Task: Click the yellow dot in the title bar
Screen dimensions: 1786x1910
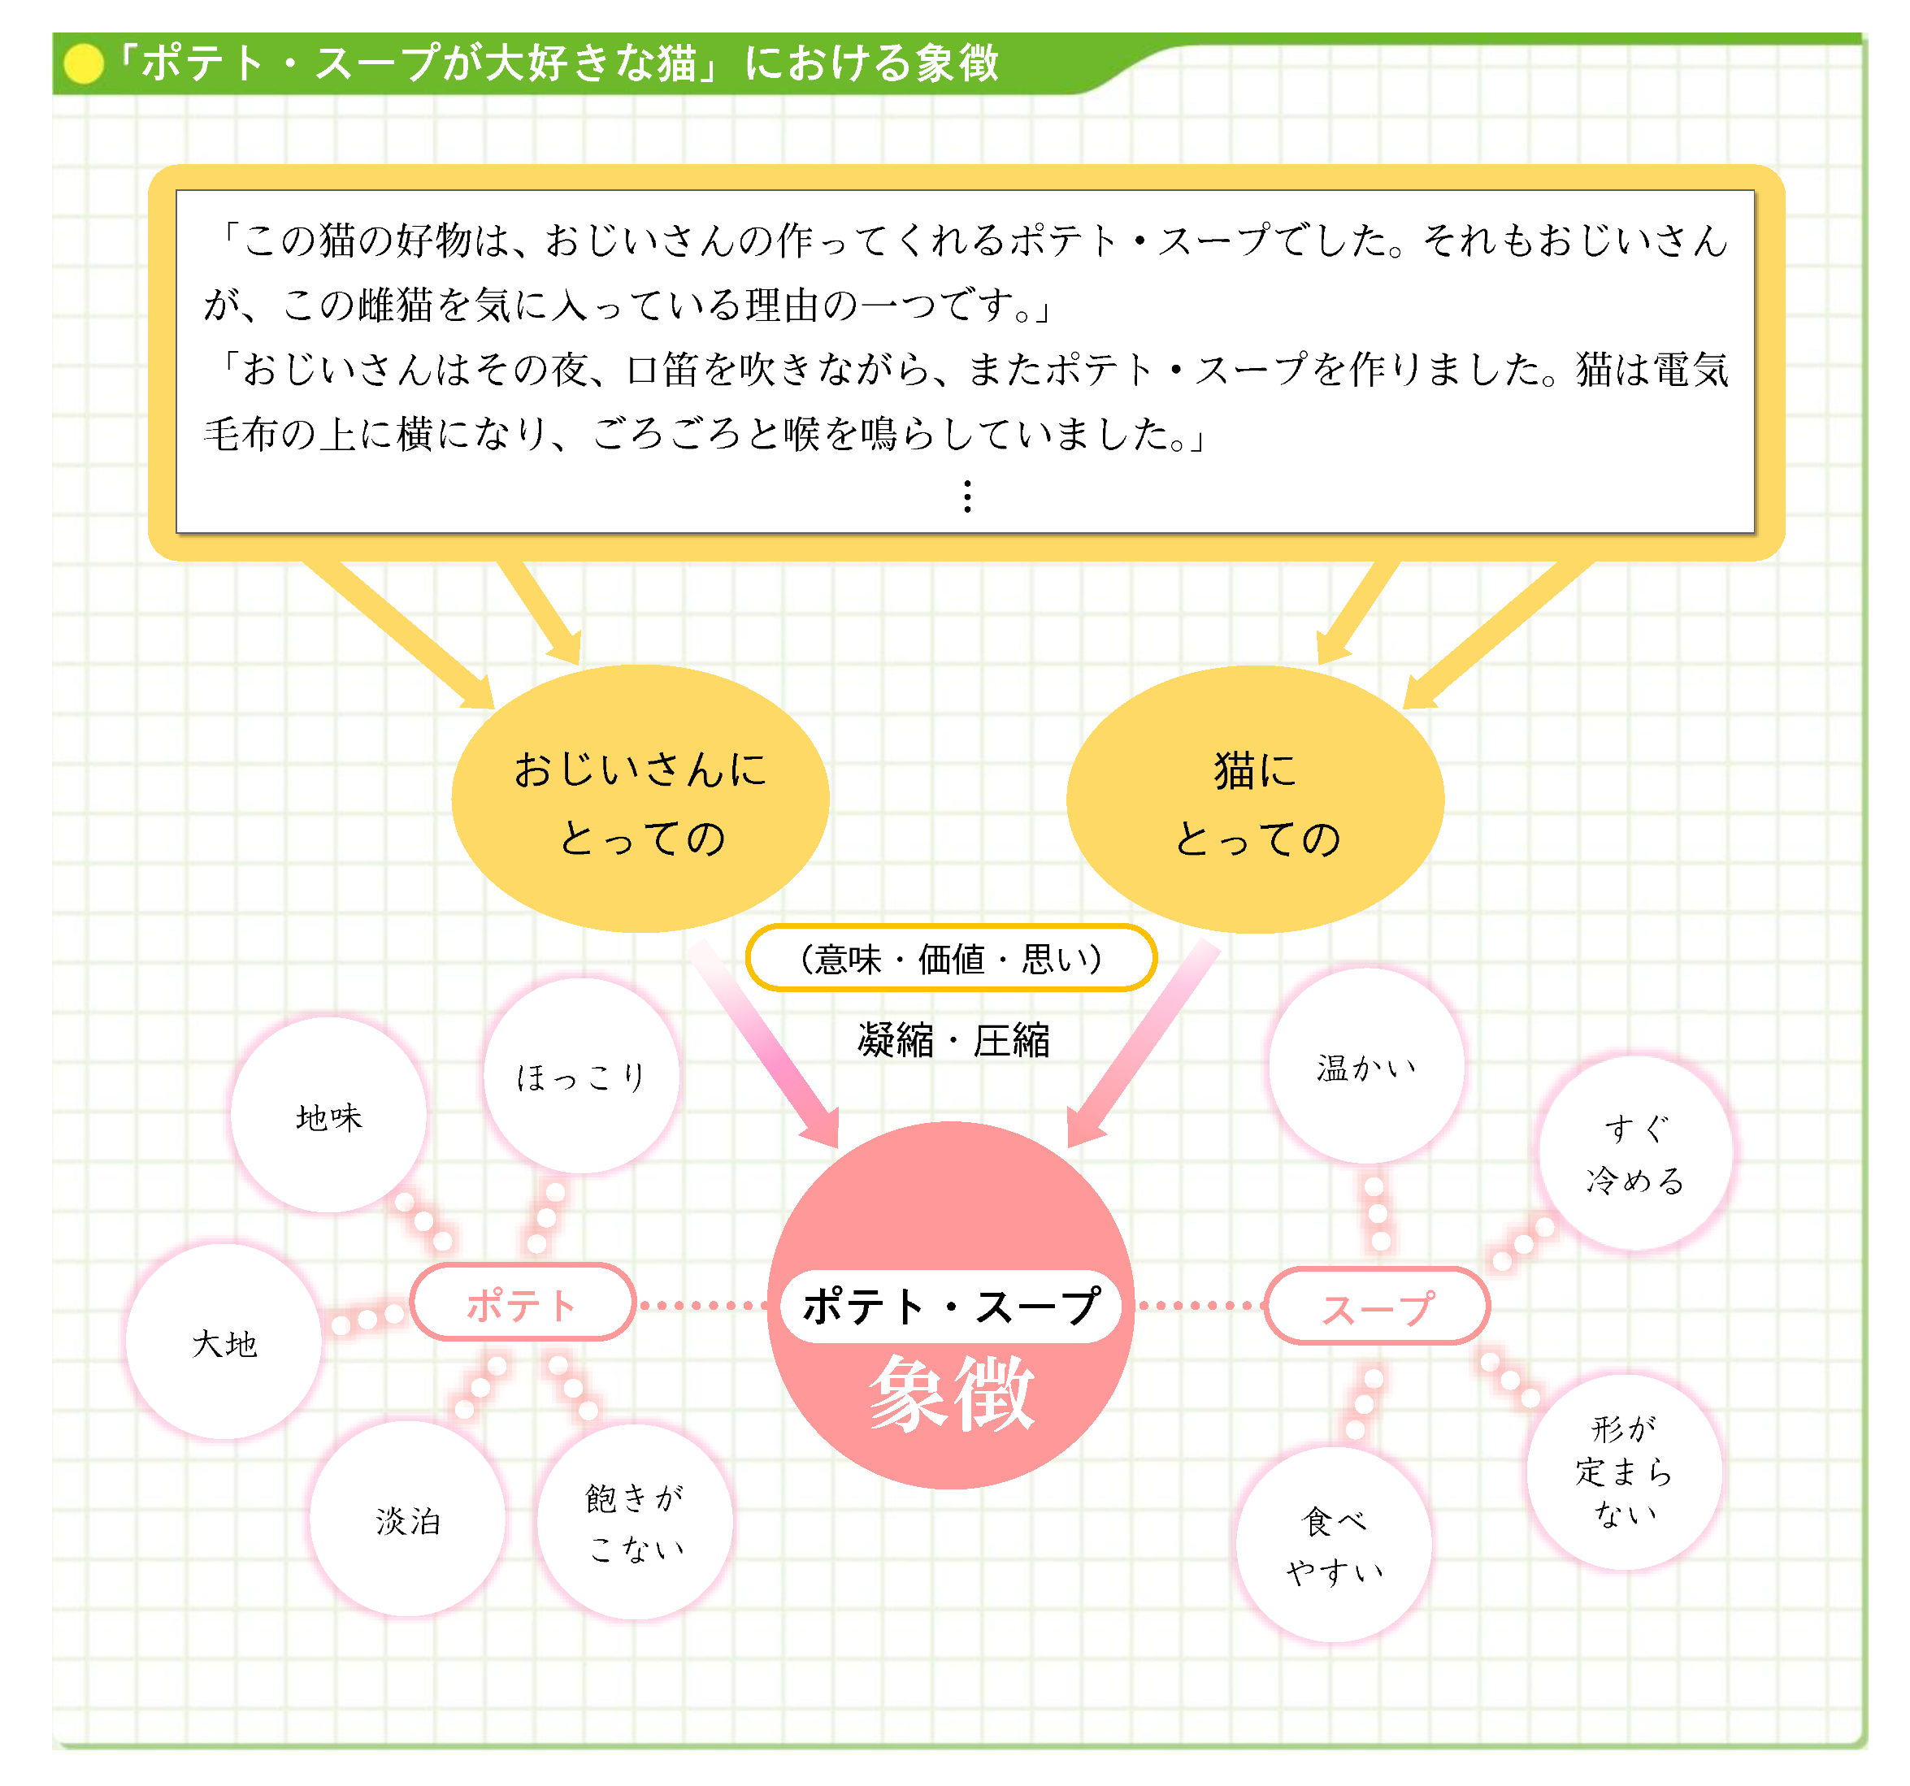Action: pyautogui.click(x=84, y=63)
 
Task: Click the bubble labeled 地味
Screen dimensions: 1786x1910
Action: pyautogui.click(x=328, y=1116)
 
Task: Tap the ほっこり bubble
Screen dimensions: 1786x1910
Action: pyautogui.click(x=581, y=1076)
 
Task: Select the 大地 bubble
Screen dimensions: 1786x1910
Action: pyautogui.click(x=224, y=1342)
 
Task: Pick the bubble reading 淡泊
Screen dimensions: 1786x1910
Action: pyautogui.click(x=407, y=1519)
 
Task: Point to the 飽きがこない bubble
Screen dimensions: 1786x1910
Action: pyautogui.click(x=635, y=1523)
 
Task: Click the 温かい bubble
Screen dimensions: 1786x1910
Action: pyautogui.click(x=1366, y=1066)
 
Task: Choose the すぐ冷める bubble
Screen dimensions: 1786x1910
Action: pyautogui.click(x=1635, y=1153)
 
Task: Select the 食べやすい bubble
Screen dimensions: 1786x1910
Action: pyautogui.click(x=1334, y=1545)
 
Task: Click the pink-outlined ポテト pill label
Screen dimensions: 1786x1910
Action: pyautogui.click(x=523, y=1303)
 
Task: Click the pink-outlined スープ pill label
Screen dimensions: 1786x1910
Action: pyautogui.click(x=1377, y=1307)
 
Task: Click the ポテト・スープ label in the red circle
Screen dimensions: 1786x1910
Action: pyautogui.click(x=951, y=1306)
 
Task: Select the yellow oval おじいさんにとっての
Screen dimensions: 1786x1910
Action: pyautogui.click(x=640, y=800)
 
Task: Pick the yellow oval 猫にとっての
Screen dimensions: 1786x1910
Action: pyautogui.click(x=1255, y=800)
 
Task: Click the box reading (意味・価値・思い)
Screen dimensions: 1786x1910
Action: pyautogui.click(x=951, y=958)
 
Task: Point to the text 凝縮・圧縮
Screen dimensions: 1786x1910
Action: pyautogui.click(x=953, y=1039)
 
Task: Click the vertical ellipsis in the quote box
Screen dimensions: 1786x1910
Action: pyautogui.click(x=967, y=496)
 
